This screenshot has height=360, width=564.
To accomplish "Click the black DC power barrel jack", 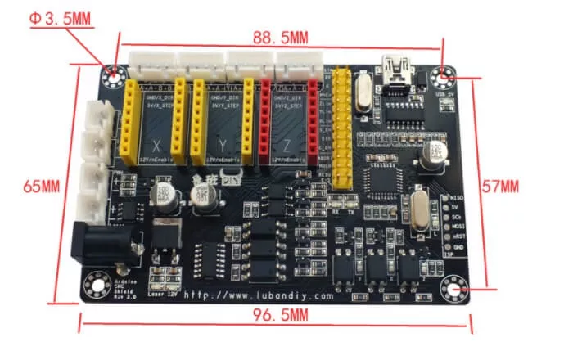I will point(101,243).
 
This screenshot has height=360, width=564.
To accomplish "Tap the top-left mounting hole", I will point(113,76).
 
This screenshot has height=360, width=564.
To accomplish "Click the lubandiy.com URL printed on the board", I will point(259,295).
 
